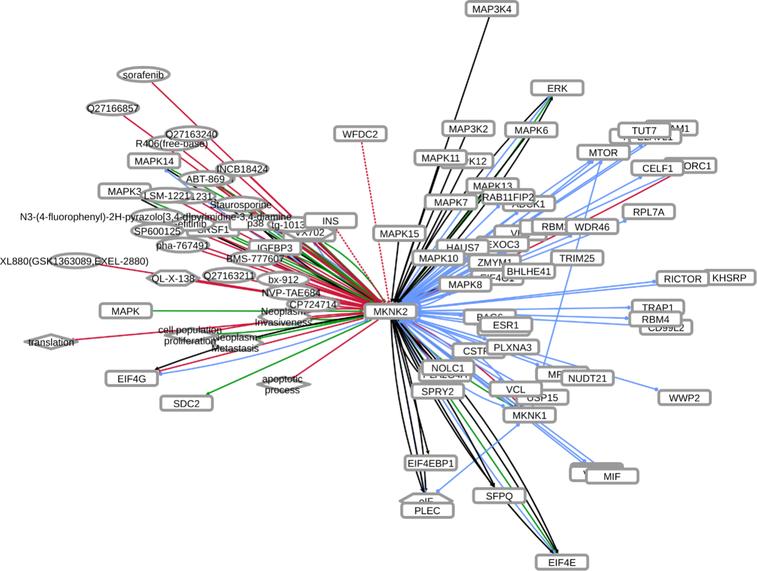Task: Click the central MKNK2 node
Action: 390,312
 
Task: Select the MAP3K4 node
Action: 492,9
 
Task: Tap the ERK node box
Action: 557,88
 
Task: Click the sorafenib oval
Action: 143,74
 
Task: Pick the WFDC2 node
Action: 360,134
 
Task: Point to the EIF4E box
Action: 562,562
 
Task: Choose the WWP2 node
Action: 684,397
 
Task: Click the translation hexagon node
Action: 51,342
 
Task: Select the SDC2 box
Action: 186,403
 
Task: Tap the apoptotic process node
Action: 282,384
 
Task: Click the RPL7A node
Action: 648,212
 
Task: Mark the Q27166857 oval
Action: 113,108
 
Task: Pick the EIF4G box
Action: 132,379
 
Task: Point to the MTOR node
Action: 603,153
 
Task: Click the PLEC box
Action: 427,511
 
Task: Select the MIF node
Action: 612,476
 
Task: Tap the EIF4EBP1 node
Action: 430,463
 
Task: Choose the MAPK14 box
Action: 154,161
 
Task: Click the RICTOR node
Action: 682,279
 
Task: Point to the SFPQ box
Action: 499,496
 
